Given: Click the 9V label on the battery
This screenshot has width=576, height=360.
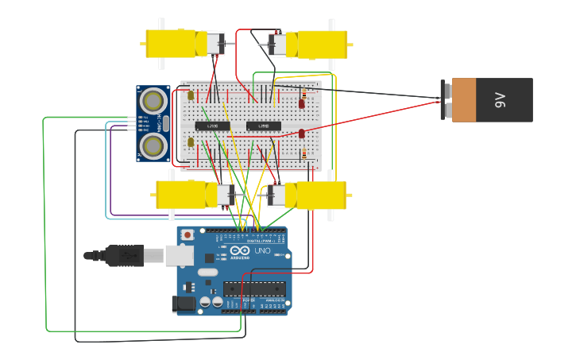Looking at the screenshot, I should pyautogui.click(x=500, y=100).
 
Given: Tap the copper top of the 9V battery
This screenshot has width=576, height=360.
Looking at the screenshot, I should pyautogui.click(x=464, y=100).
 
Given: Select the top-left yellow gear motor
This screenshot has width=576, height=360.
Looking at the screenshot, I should pyautogui.click(x=171, y=43).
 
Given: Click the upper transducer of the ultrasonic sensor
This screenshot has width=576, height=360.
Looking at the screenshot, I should pyautogui.click(x=153, y=101).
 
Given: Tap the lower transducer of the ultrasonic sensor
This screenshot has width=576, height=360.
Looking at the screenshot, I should pyautogui.click(x=153, y=145).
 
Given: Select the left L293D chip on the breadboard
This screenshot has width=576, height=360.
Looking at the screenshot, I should pyautogui.click(x=212, y=126).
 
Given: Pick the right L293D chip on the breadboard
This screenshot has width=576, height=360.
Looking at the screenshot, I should pyautogui.click(x=263, y=126).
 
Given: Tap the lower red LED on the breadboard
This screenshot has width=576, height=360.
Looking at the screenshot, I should pyautogui.click(x=302, y=134).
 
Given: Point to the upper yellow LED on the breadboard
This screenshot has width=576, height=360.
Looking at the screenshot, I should pyautogui.click(x=191, y=95).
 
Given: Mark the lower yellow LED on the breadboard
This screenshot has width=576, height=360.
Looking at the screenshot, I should pyautogui.click(x=191, y=142).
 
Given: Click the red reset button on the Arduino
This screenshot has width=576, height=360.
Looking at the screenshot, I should pyautogui.click(x=187, y=234).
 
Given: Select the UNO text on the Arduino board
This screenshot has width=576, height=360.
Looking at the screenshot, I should pyautogui.click(x=262, y=251).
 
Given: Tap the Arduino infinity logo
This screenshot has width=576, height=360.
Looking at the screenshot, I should pyautogui.click(x=240, y=250).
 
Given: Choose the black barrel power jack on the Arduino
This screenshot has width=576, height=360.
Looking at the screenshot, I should pyautogui.click(x=184, y=304).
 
